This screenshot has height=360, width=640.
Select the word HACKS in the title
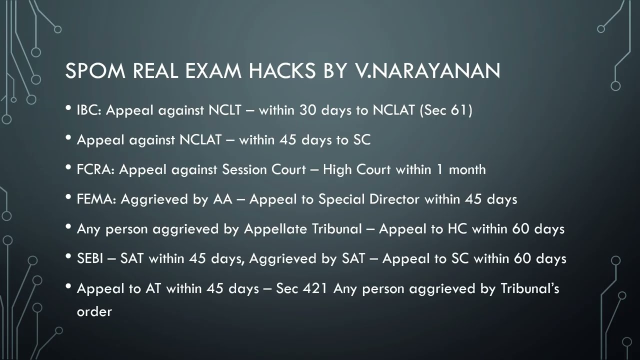(x=282, y=71)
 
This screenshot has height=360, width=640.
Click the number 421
(x=315, y=288)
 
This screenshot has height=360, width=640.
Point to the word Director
(x=394, y=199)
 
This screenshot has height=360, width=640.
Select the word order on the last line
(x=94, y=311)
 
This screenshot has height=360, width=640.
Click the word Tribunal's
(x=529, y=288)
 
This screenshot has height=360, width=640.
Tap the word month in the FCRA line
(x=467, y=169)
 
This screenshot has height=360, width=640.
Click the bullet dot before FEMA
(x=68, y=197)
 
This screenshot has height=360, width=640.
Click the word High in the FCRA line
(x=337, y=169)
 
